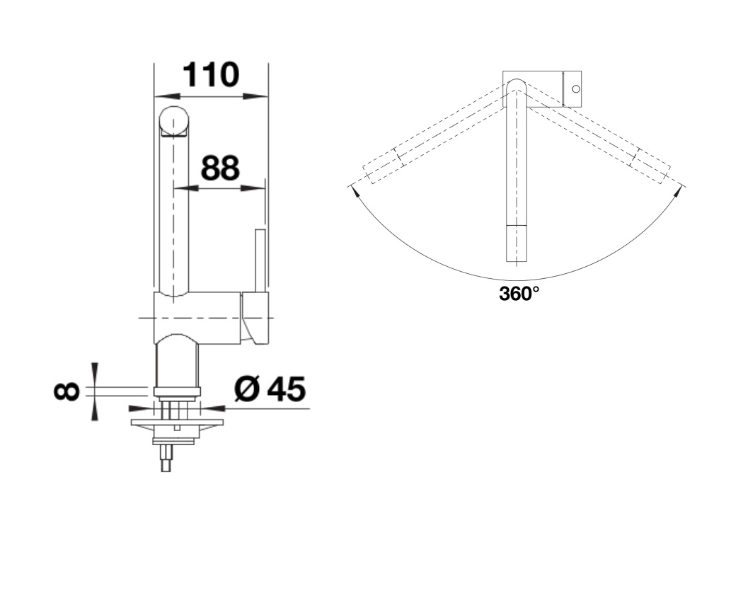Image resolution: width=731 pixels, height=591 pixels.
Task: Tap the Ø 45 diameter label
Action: pyautogui.click(x=270, y=389)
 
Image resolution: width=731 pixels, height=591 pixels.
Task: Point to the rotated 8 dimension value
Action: pyautogui.click(x=67, y=391)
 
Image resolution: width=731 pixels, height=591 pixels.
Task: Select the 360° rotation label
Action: pyautogui.click(x=519, y=294)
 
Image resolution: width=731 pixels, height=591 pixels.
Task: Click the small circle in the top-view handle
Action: pyautogui.click(x=576, y=88)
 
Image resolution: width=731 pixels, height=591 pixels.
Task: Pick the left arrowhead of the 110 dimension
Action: pyautogui.click(x=167, y=96)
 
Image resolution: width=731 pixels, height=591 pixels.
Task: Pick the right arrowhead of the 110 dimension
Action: pyautogui.click(x=255, y=96)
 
